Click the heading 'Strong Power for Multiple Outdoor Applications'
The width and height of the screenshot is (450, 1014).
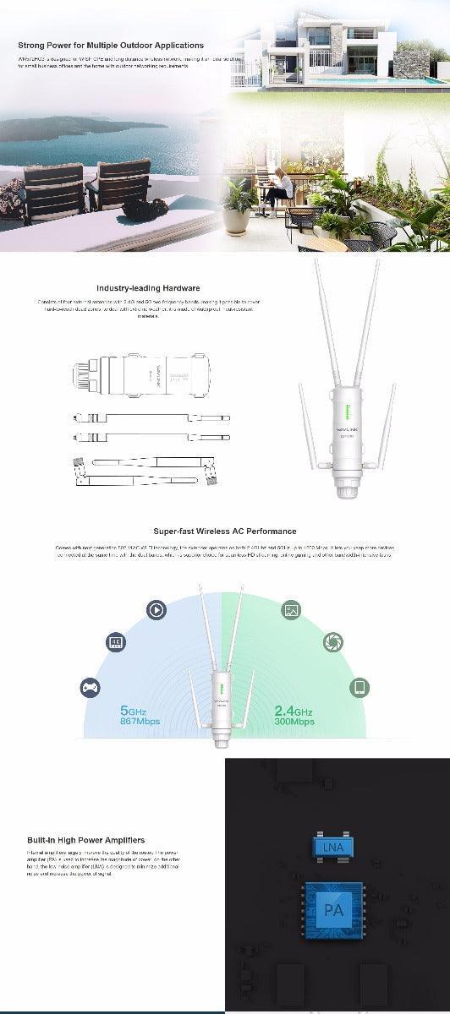(x=111, y=46)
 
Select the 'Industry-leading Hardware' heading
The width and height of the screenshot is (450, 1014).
(x=148, y=288)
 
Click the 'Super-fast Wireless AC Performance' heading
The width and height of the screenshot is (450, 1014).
(x=225, y=532)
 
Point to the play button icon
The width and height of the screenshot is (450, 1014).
(x=156, y=609)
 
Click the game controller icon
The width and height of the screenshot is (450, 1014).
(x=89, y=687)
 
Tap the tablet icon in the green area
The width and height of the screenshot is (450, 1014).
(x=359, y=686)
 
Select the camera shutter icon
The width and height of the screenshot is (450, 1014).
(x=333, y=642)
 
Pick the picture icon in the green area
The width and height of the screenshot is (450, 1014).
(x=292, y=609)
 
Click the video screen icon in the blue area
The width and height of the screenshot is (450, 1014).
(x=115, y=642)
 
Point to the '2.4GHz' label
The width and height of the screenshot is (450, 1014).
(x=294, y=711)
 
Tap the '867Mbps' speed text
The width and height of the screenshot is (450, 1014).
(x=140, y=722)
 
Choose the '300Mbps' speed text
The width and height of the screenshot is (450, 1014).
(x=294, y=722)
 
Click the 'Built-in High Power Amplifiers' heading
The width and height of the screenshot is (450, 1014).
(x=85, y=840)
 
